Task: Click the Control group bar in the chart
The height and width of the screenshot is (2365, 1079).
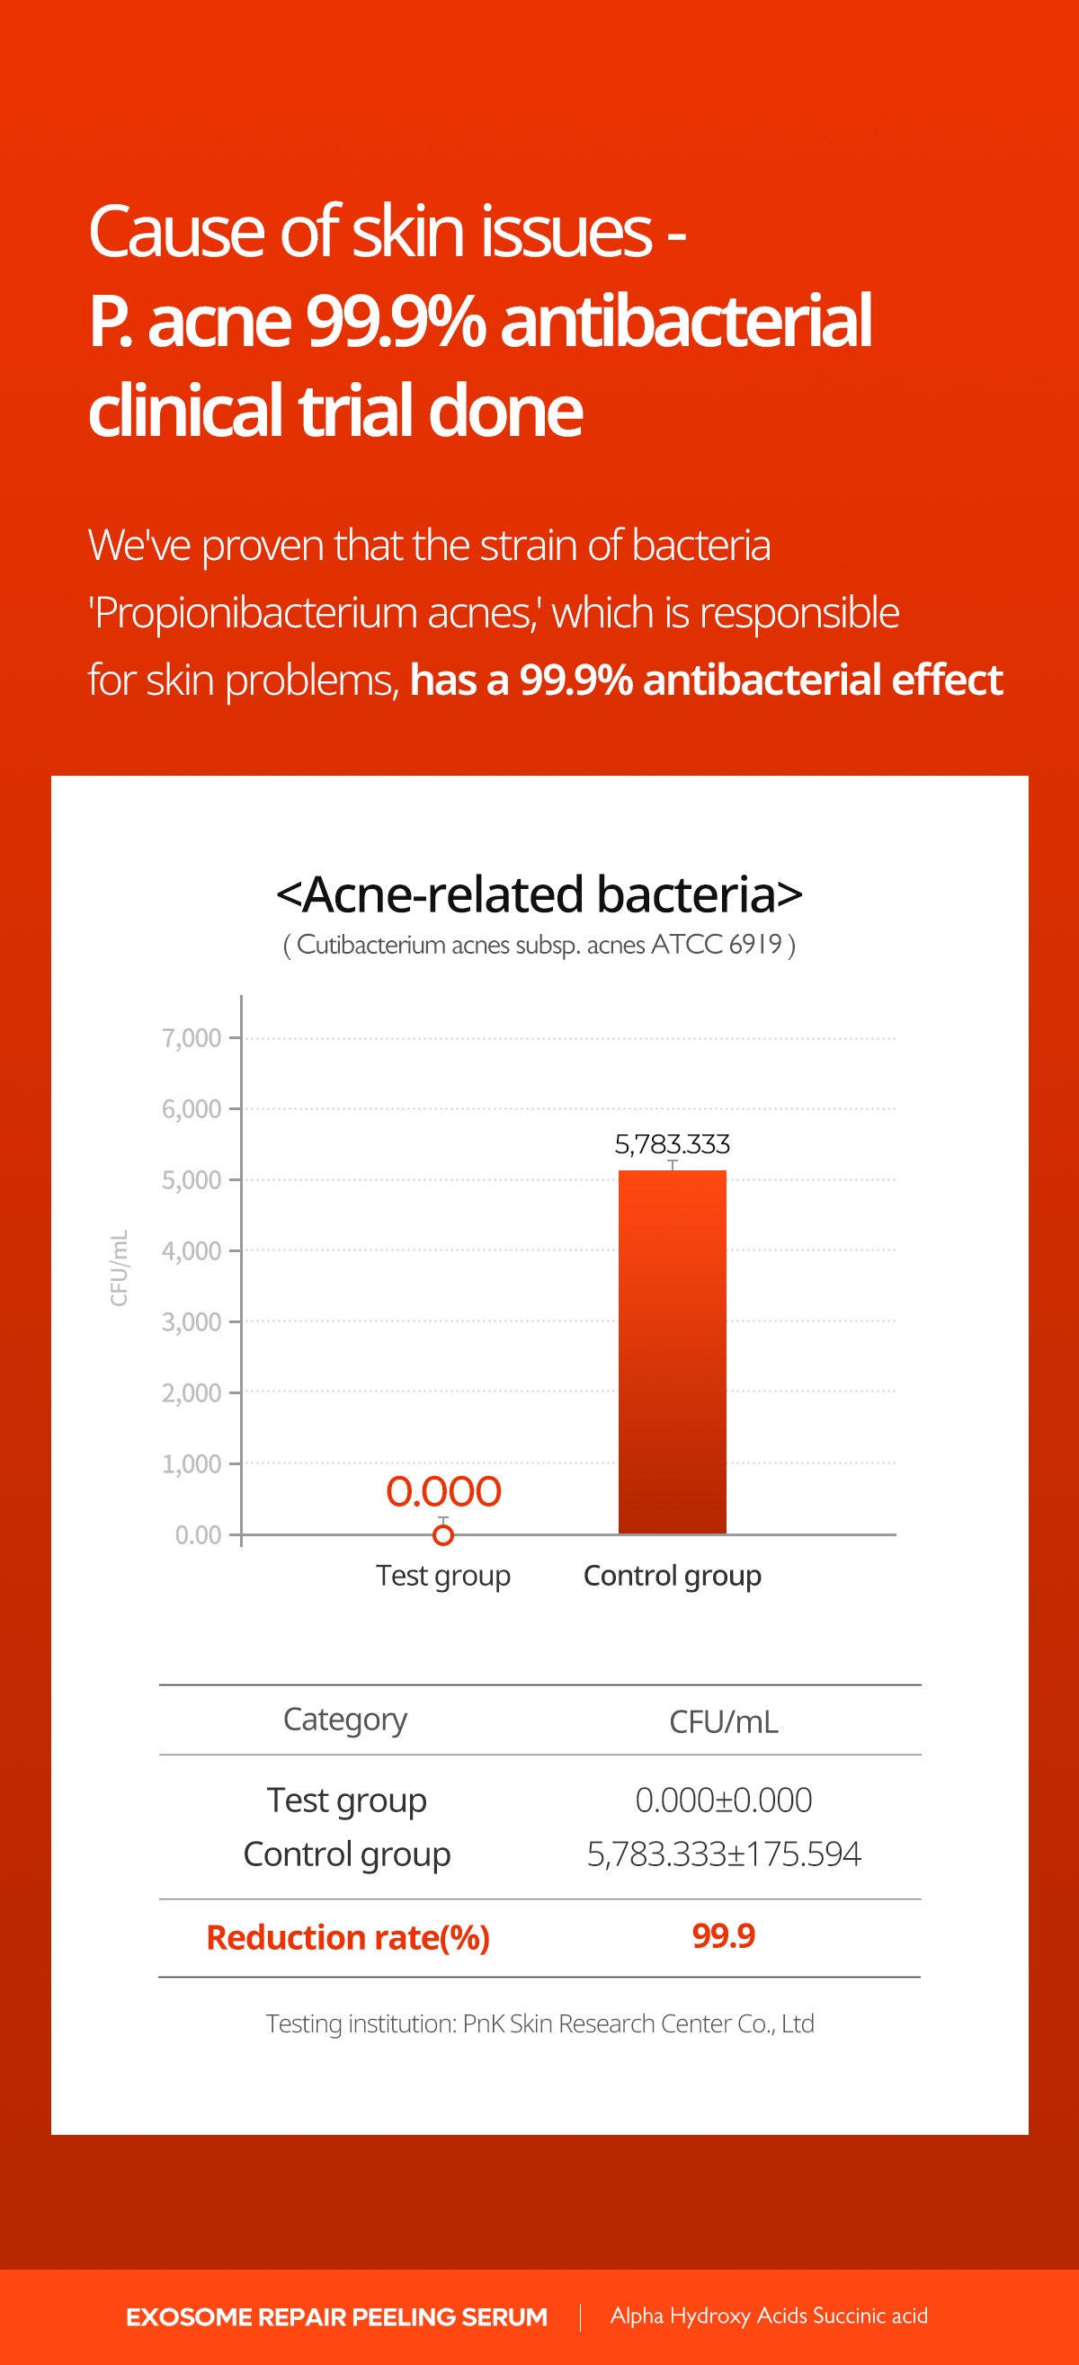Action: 673,1351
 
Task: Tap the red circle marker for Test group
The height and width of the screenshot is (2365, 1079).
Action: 443,1534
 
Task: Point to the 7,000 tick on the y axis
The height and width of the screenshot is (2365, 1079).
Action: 192,1038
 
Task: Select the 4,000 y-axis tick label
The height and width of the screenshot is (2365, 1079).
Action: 192,1251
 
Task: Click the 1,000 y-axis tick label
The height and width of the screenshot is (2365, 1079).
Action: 192,1463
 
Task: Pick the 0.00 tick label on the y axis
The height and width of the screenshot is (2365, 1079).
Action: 199,1535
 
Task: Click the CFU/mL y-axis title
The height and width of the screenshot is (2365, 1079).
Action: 120,1267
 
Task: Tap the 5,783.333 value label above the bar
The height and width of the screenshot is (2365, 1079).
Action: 673,1144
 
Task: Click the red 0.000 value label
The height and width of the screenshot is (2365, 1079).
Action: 443,1492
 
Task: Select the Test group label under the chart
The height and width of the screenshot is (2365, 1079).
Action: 443,1577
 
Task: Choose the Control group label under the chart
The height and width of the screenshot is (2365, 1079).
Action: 673,1577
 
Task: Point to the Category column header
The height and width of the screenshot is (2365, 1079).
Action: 345,1720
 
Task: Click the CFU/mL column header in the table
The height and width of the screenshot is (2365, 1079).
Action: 724,1722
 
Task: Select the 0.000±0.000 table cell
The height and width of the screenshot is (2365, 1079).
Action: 724,1800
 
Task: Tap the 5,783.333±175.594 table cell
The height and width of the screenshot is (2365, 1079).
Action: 724,1854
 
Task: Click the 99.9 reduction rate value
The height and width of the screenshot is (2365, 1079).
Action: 724,1936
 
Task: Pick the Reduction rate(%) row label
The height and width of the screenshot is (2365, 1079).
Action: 348,1938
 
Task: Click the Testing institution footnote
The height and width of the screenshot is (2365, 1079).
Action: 540,2024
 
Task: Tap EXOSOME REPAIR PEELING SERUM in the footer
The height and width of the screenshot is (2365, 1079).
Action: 337,2317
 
